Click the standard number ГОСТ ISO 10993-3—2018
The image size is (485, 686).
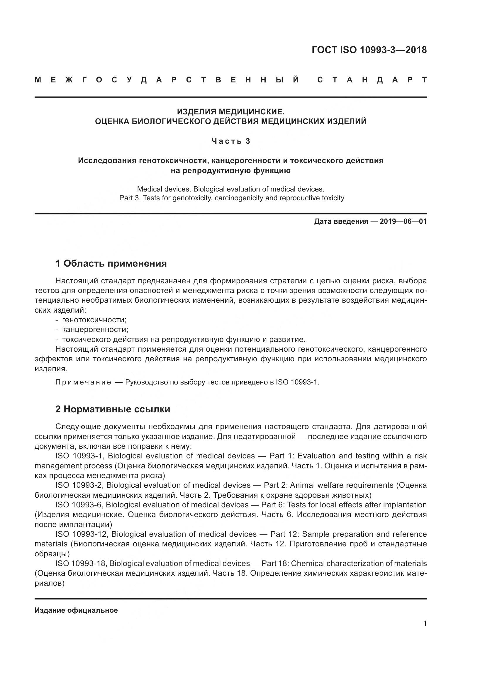pos(369,50)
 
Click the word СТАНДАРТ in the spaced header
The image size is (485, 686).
pos(372,80)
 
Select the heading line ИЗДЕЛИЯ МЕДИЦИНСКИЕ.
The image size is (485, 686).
pos(230,112)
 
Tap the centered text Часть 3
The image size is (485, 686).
pos(230,141)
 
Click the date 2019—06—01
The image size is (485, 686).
pos(403,221)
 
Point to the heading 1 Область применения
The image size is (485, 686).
pos(111,264)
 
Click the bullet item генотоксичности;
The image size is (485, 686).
pos(94,320)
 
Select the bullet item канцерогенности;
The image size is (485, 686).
pos(95,330)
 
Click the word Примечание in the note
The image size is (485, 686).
pos(83,382)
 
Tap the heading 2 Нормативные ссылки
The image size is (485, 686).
pos(113,409)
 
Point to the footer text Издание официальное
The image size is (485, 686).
pos(76,610)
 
